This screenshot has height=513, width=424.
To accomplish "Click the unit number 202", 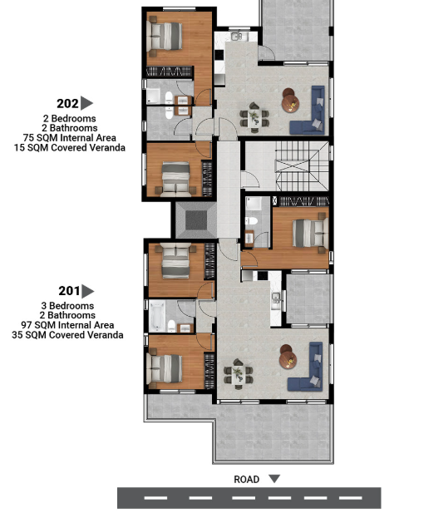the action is (67, 103).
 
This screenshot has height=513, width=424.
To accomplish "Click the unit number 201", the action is (69, 291).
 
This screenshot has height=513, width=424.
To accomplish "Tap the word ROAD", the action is (246, 479).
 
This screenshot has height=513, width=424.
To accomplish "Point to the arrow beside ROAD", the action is (274, 479).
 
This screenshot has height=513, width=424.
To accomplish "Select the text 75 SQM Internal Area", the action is (69, 138).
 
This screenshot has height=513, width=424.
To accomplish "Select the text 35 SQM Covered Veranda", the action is (67, 335).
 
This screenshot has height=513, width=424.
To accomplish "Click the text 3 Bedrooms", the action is (67, 306).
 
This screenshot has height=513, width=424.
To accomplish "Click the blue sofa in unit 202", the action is (308, 111).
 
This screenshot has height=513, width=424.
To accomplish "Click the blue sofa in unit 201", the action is (306, 367).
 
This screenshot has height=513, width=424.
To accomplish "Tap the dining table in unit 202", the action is (254, 118).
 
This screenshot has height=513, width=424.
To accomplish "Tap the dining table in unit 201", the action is (238, 374).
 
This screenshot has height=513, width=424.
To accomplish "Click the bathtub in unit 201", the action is (156, 316).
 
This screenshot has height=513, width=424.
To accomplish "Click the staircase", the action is (301, 166).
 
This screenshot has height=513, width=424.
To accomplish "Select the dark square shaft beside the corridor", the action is (196, 220).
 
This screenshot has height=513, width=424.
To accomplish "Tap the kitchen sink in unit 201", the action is (276, 298).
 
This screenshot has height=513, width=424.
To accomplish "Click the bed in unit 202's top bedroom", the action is (165, 36).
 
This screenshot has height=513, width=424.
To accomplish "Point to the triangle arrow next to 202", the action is (86, 103).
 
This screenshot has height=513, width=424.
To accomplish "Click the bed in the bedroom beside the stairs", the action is (310, 234).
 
